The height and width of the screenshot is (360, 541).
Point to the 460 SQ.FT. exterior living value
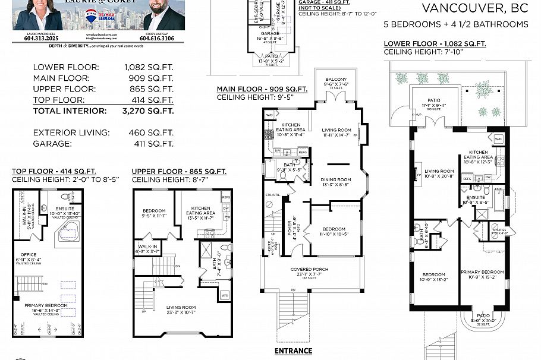coord(151,132)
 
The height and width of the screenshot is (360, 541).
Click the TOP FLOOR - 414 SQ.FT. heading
coord(53,172)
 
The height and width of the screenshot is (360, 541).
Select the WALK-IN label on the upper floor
coord(147,245)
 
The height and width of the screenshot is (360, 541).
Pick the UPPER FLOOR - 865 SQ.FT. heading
coord(179,172)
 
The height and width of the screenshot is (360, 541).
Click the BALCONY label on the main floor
coord(336,79)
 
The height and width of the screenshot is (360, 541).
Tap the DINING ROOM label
coord(336,179)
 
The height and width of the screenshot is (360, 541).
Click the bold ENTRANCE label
coord(293,350)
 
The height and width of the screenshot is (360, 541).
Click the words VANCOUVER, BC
coord(474,8)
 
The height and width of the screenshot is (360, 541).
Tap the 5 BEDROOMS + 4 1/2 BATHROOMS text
coord(455,24)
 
